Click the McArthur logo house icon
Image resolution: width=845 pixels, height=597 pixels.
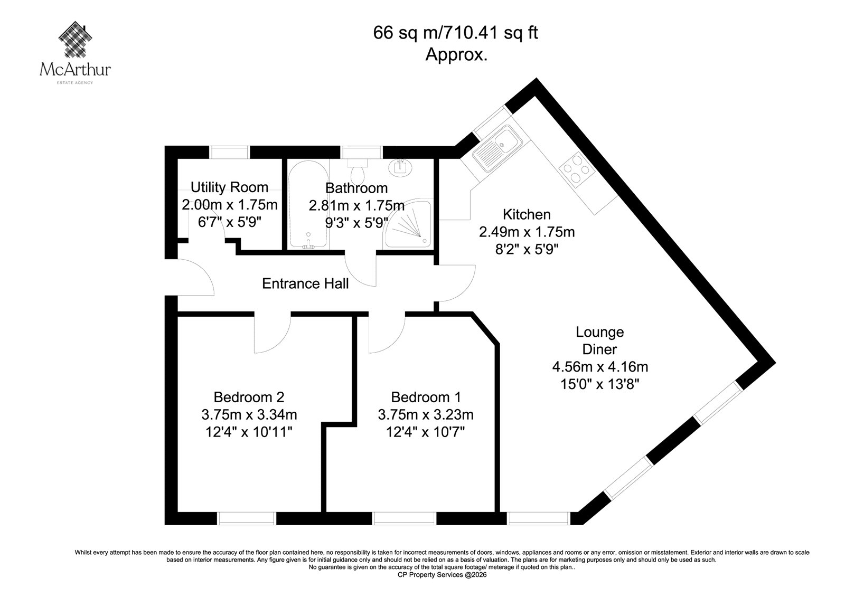(x=76, y=39)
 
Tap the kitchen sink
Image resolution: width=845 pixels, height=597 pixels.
(x=497, y=148)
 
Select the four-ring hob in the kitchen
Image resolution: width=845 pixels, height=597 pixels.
(x=577, y=170)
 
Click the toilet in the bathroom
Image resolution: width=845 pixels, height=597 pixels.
(x=357, y=171)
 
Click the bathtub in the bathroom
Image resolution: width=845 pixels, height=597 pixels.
(x=308, y=204)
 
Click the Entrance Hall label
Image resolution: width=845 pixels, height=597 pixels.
(x=305, y=283)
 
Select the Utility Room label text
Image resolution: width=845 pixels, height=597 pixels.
(x=229, y=187)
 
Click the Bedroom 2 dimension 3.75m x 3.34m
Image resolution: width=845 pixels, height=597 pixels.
(x=249, y=414)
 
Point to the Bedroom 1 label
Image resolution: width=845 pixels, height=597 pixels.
(x=426, y=397)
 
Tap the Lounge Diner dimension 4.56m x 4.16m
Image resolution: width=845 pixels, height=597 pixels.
(x=600, y=366)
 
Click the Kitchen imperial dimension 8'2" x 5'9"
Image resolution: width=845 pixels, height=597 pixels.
(x=527, y=249)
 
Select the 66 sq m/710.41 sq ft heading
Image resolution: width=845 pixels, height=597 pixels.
(x=455, y=32)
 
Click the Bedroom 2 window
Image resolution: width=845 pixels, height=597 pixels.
(x=247, y=518)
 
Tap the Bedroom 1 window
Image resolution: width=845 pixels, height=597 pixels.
(x=404, y=518)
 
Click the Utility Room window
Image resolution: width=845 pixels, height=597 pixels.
(x=229, y=153)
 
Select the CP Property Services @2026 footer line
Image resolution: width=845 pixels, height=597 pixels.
(x=442, y=575)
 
